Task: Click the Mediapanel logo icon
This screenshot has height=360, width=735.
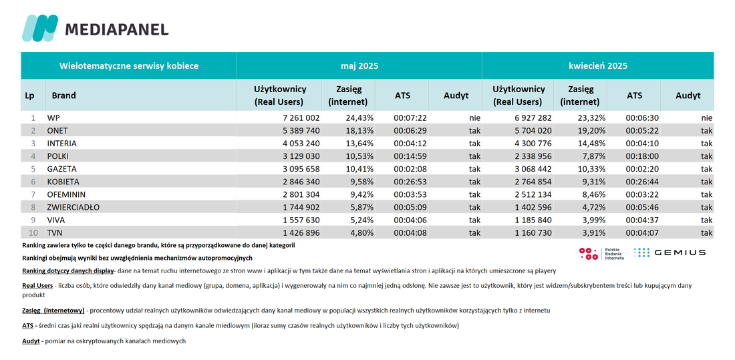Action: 40,28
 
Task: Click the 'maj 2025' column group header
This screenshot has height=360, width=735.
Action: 359,66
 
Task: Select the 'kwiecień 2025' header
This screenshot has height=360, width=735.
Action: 597,66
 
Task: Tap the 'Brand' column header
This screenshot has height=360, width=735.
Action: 63,95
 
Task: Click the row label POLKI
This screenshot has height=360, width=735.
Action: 57,156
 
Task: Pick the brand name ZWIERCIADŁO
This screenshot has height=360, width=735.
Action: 73,207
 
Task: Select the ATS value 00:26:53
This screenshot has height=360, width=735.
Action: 410,182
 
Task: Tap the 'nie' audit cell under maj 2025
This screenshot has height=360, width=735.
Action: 474,118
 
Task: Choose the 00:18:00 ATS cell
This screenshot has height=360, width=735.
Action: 642,156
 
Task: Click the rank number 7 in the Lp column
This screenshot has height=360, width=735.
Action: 33,194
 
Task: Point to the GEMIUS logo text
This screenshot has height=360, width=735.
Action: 680,252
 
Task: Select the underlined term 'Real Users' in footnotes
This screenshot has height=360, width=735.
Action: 37,285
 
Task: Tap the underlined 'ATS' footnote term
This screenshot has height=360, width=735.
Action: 27,326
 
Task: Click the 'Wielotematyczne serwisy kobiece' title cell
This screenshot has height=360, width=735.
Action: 129,66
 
